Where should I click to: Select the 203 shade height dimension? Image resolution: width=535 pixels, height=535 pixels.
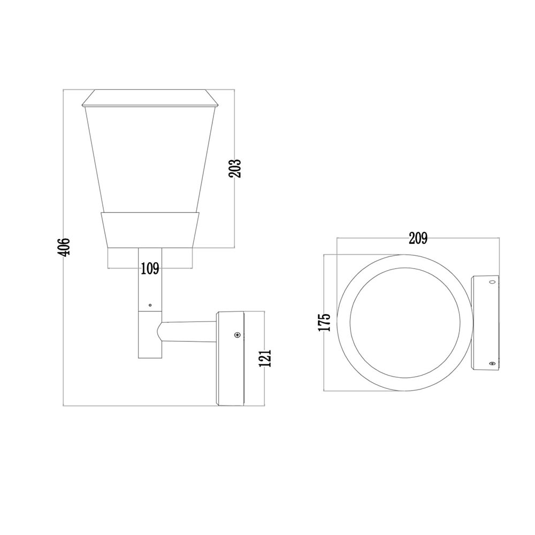coord(235,169)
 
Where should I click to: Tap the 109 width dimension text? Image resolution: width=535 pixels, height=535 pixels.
coord(150,269)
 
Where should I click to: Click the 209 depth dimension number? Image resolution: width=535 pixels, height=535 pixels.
coord(418,239)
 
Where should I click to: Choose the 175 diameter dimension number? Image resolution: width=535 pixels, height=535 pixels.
coord(324,322)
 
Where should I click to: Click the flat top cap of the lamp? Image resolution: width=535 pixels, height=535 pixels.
coord(151,98)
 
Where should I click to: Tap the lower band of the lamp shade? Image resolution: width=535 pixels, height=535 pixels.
coord(151,230)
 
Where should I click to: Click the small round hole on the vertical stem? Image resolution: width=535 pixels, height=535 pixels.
coord(150,305)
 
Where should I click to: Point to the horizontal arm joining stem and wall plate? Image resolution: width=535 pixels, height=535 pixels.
coord(190,332)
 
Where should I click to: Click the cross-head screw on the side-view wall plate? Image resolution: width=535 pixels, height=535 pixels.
coord(237,335)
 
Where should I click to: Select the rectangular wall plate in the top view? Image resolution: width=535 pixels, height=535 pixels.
coord(485,322)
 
